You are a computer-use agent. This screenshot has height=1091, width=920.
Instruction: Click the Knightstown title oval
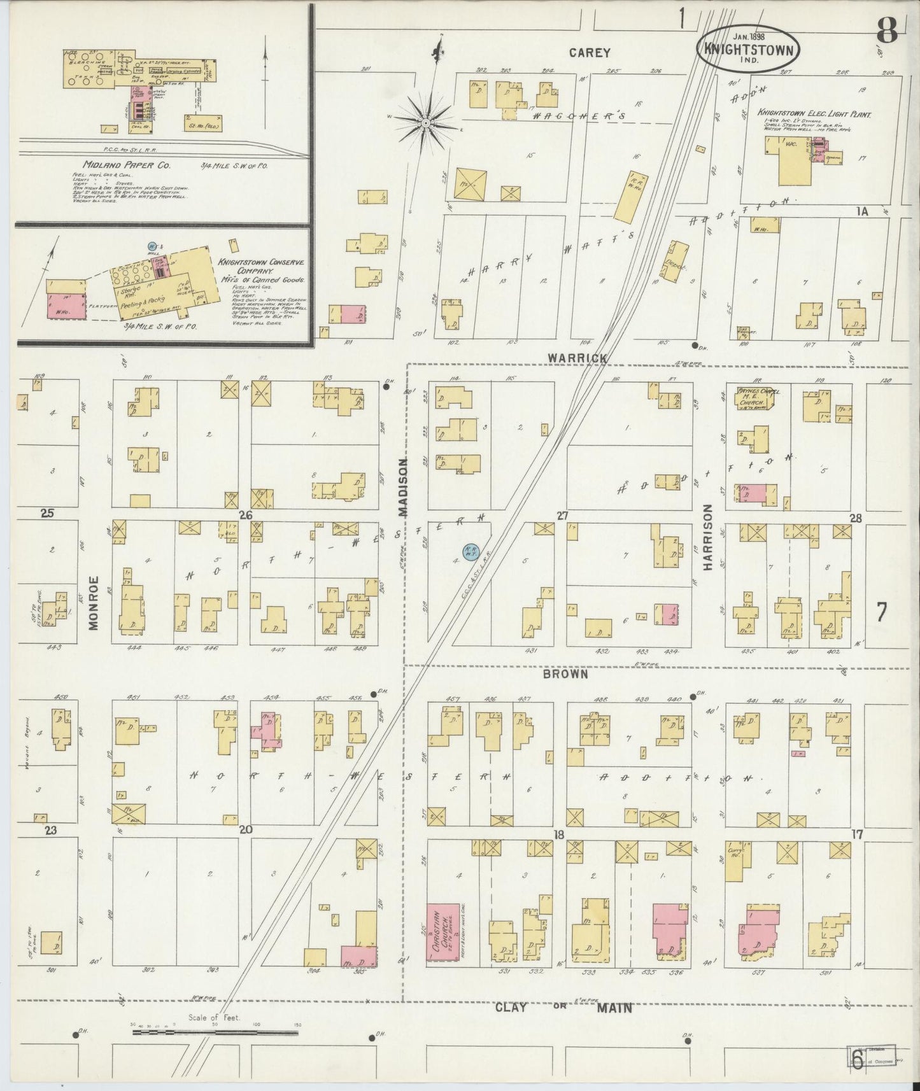[748, 48]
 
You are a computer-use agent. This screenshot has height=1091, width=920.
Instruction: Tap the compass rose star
[425, 120]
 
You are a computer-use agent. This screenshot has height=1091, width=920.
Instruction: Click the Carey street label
[590, 53]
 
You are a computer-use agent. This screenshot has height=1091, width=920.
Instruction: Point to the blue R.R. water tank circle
[471, 549]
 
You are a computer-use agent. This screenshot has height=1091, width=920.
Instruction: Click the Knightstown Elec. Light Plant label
[813, 114]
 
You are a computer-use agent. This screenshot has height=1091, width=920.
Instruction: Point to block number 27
[562, 516]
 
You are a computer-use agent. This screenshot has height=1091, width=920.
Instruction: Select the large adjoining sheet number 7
[882, 612]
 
